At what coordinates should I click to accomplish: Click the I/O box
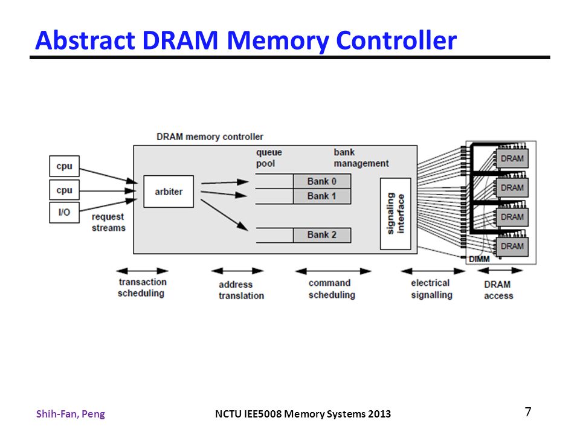click(65, 212)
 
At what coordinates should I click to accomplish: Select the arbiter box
click(169, 192)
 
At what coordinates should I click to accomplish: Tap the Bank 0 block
click(322, 181)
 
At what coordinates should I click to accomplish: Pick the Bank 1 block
click(322, 196)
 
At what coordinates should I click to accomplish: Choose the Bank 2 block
click(322, 235)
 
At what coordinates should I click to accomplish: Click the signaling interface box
click(395, 214)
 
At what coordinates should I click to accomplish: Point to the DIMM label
click(479, 259)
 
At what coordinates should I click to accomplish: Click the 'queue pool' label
click(269, 158)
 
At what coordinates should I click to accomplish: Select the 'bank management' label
click(361, 158)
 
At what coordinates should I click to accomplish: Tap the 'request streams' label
click(108, 222)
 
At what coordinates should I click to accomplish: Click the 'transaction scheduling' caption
click(142, 288)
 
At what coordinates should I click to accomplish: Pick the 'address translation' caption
click(241, 290)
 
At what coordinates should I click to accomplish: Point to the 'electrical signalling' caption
click(431, 289)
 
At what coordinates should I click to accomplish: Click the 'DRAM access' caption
click(498, 290)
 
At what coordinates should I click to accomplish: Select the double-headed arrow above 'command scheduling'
click(333, 271)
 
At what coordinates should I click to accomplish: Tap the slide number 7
click(528, 411)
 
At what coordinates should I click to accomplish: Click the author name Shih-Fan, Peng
click(71, 414)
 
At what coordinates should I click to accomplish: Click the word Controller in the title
click(396, 40)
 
